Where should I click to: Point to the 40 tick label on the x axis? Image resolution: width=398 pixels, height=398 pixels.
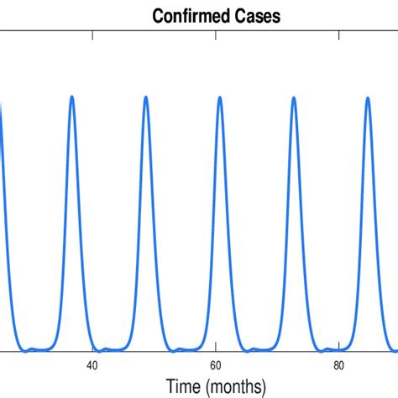[x=92, y=365]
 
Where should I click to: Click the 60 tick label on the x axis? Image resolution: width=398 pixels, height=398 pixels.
[x=216, y=365]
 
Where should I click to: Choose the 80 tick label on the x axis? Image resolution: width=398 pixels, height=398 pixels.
[x=339, y=365]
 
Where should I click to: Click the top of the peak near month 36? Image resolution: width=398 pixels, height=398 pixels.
[x=72, y=97]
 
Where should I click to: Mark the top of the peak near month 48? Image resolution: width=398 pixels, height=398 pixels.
[x=146, y=97]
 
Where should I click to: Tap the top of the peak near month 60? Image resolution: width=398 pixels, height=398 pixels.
[x=220, y=97]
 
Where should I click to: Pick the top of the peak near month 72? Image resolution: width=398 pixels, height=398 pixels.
[x=294, y=97]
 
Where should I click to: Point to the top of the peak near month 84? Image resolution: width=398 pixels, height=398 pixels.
[x=368, y=97]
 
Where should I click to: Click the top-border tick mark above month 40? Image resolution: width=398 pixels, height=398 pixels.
[x=92, y=34]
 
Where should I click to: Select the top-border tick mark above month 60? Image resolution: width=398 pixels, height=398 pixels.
[x=216, y=34]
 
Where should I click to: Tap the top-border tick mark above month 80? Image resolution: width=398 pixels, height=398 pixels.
[x=339, y=34]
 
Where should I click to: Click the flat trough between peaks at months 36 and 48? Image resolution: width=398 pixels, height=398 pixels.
[x=109, y=349]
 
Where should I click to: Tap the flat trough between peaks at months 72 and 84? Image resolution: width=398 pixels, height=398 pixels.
[x=331, y=349]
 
